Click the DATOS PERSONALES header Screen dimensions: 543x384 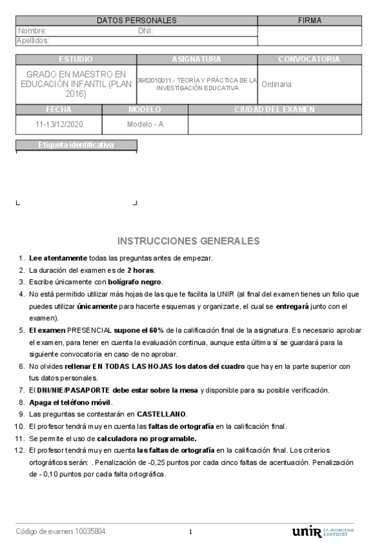[x=137, y=20]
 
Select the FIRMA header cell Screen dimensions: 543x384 [x=310, y=20]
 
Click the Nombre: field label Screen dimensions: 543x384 [x=32, y=31]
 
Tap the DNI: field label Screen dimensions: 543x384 [x=145, y=31]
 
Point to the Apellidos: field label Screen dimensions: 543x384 [x=33, y=40]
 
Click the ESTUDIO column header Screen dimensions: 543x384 [x=76, y=59]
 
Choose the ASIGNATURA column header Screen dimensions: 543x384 [x=197, y=59]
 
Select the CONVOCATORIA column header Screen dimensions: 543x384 [x=309, y=59]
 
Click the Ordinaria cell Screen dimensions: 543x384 [x=276, y=84]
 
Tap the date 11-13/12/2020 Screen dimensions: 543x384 [x=58, y=124]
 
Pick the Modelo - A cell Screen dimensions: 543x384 [x=145, y=124]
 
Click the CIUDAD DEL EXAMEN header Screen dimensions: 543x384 [x=274, y=109]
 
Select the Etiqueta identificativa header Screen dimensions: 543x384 [x=76, y=145]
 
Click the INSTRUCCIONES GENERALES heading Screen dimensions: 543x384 [x=188, y=241]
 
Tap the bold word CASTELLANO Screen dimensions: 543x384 [x=162, y=414]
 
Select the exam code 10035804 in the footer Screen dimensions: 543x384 [x=90, y=531]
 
